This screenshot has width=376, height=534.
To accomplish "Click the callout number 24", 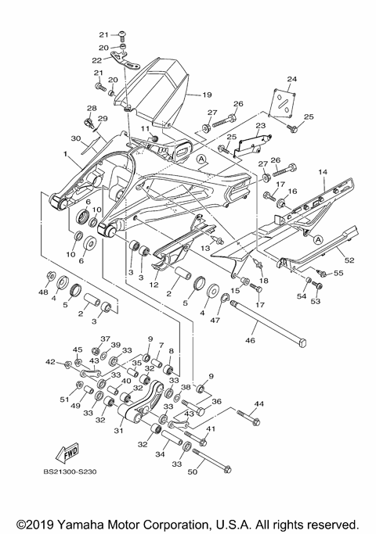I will coord(291,80).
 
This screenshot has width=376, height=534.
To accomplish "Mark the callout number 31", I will coord(120,430).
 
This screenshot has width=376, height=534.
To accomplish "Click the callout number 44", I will coord(259,404).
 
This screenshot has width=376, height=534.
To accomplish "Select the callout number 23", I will coord(261,126).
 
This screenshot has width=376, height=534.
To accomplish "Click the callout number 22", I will coord(96,59).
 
